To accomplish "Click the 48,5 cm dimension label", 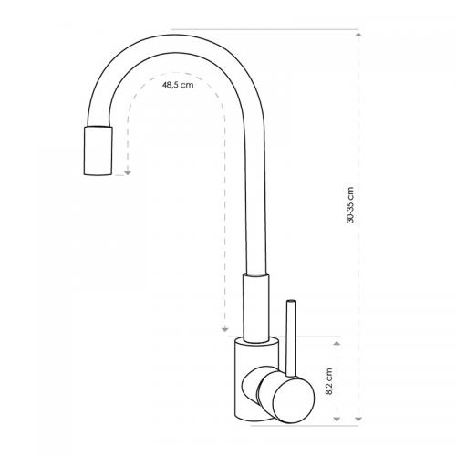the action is coord(178,85).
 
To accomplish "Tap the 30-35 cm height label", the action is coord(350,205).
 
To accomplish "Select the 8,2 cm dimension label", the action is coord(329,381).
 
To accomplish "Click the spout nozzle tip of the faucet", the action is coord(98,150).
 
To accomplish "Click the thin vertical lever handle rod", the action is coord(291,339).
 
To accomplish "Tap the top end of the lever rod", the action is coord(291,301).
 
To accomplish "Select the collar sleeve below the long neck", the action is coord(256,307).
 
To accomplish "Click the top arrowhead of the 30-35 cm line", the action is coord(358,35).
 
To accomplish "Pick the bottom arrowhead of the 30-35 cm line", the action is coord(358,420).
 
